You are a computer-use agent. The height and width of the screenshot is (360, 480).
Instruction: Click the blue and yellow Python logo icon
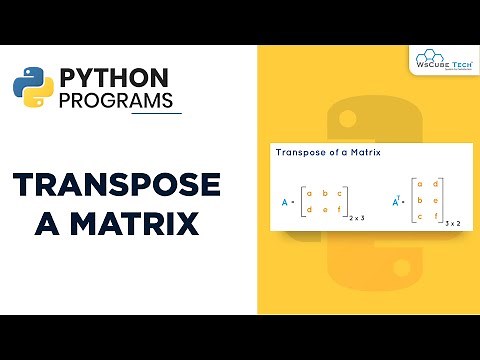click(x=33, y=88)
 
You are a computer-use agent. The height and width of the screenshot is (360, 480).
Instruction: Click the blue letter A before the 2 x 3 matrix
click(x=285, y=200)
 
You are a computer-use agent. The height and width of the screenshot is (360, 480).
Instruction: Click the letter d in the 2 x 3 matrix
click(x=310, y=209)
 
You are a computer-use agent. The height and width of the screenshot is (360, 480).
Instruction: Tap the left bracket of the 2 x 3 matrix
click(x=301, y=200)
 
